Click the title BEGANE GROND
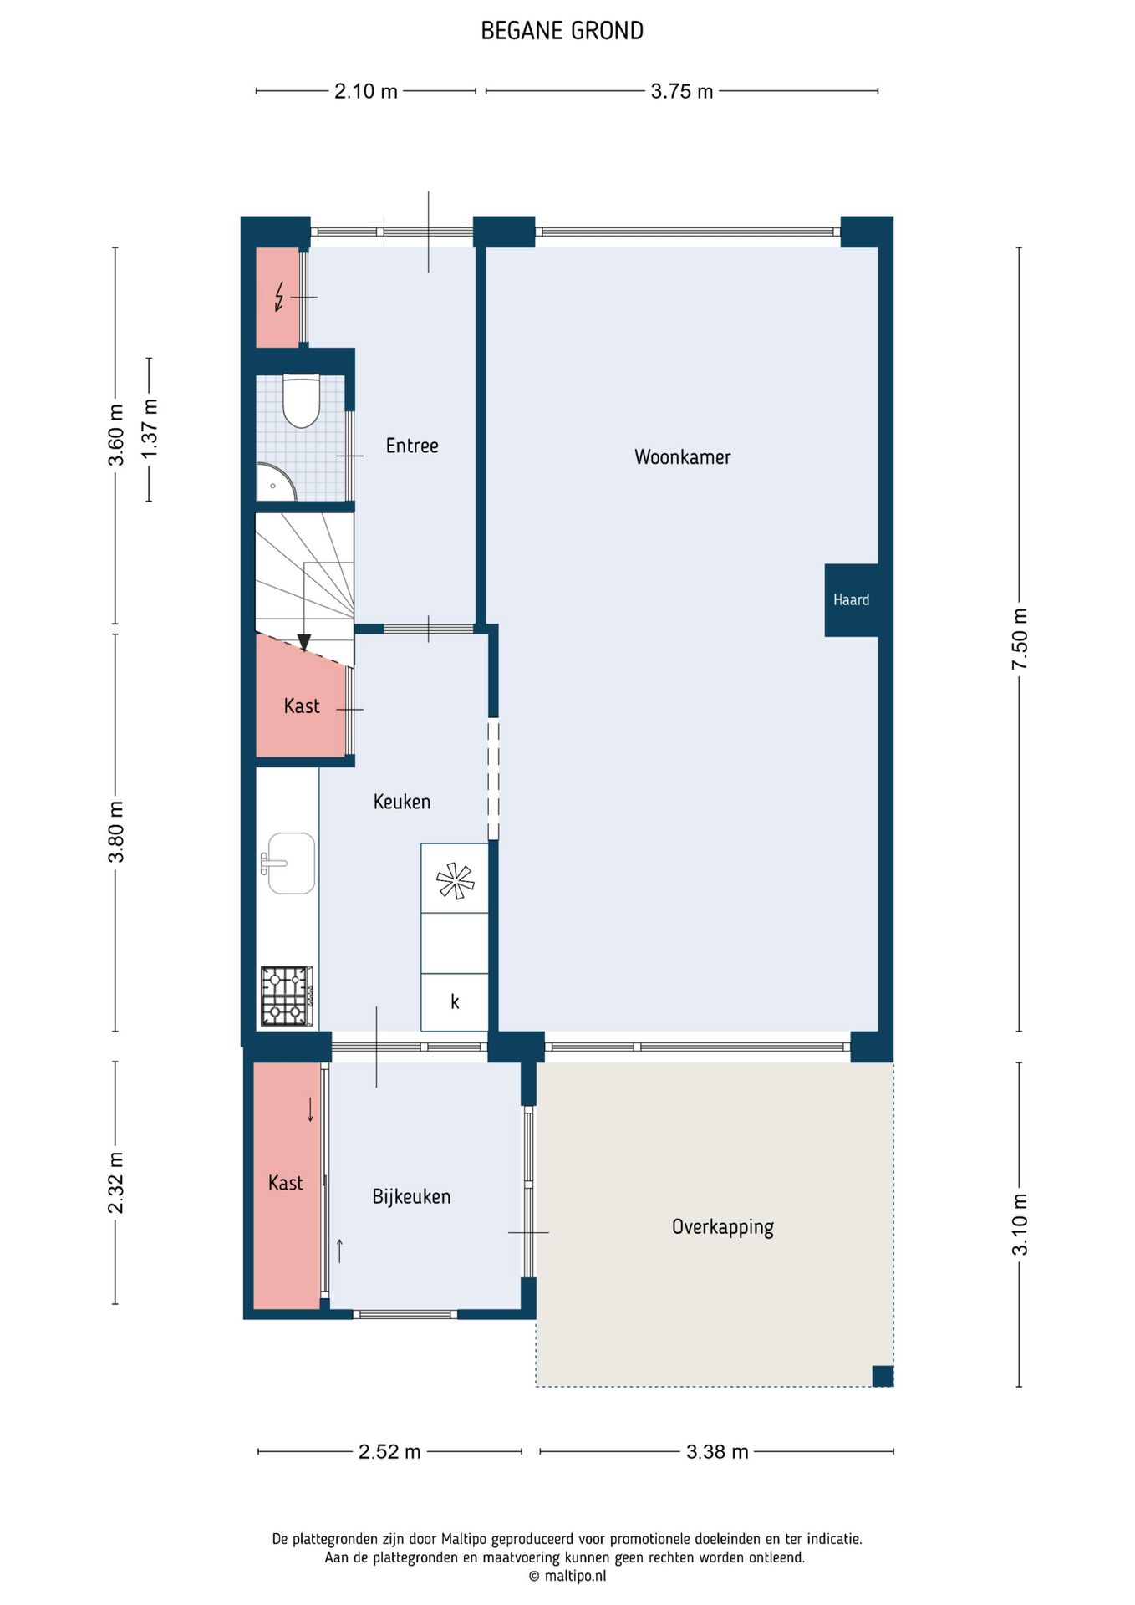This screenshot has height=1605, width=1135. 562,31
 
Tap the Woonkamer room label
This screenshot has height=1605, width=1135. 682,457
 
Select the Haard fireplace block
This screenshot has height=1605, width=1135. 851,600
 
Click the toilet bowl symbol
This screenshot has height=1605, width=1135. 301,401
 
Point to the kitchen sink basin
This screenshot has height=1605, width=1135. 290,863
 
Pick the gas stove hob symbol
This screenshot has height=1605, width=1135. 286,996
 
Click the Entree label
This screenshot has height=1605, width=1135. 412,446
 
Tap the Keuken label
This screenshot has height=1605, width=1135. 402,802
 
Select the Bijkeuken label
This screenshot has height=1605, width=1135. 411,1197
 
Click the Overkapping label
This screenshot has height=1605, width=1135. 723,1227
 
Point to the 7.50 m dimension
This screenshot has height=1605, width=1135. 1020,639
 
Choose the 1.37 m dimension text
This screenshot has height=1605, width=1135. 150,428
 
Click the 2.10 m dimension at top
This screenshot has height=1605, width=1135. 366,91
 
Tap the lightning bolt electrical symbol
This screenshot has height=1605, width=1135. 279,297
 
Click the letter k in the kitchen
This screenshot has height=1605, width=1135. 455,1001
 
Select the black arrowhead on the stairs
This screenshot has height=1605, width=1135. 304,642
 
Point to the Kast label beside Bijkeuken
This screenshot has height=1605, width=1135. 286,1183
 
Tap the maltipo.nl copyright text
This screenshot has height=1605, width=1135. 567,1577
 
